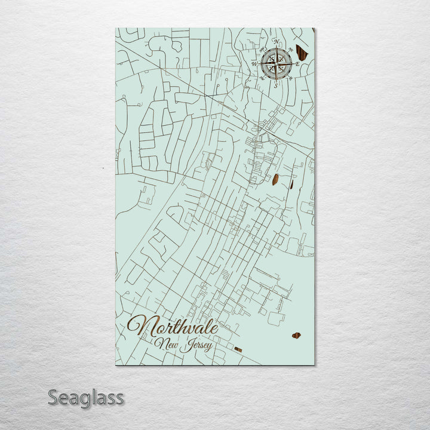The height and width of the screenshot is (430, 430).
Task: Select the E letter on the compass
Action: tap(297, 63)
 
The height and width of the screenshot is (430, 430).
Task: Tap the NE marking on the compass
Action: tap(291, 48)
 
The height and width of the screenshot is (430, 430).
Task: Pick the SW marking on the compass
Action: tap(261, 78)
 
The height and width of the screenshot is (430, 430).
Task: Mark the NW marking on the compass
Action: tap(261, 48)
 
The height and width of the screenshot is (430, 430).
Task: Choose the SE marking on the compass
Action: tap(291, 78)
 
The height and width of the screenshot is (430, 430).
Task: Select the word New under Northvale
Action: tap(165, 343)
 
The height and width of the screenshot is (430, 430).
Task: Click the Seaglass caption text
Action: tap(85, 397)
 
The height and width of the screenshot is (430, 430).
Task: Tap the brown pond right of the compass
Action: tap(302, 53)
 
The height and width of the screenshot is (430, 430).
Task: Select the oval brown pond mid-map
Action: tap(275, 179)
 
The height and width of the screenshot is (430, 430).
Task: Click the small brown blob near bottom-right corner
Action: tap(296, 336)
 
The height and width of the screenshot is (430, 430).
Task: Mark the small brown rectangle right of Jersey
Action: tap(238, 349)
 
